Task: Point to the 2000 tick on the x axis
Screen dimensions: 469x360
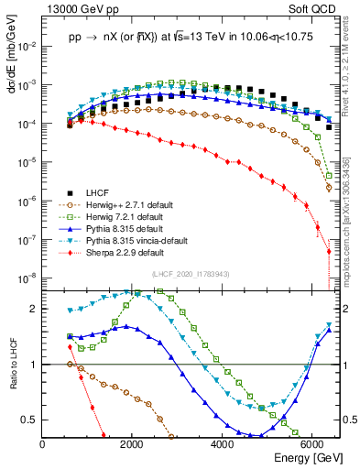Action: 133,444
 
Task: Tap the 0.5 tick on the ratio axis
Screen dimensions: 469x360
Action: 32,420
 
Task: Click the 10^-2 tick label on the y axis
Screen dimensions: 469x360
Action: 27,46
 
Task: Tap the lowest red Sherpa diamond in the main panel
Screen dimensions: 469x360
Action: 329,250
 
